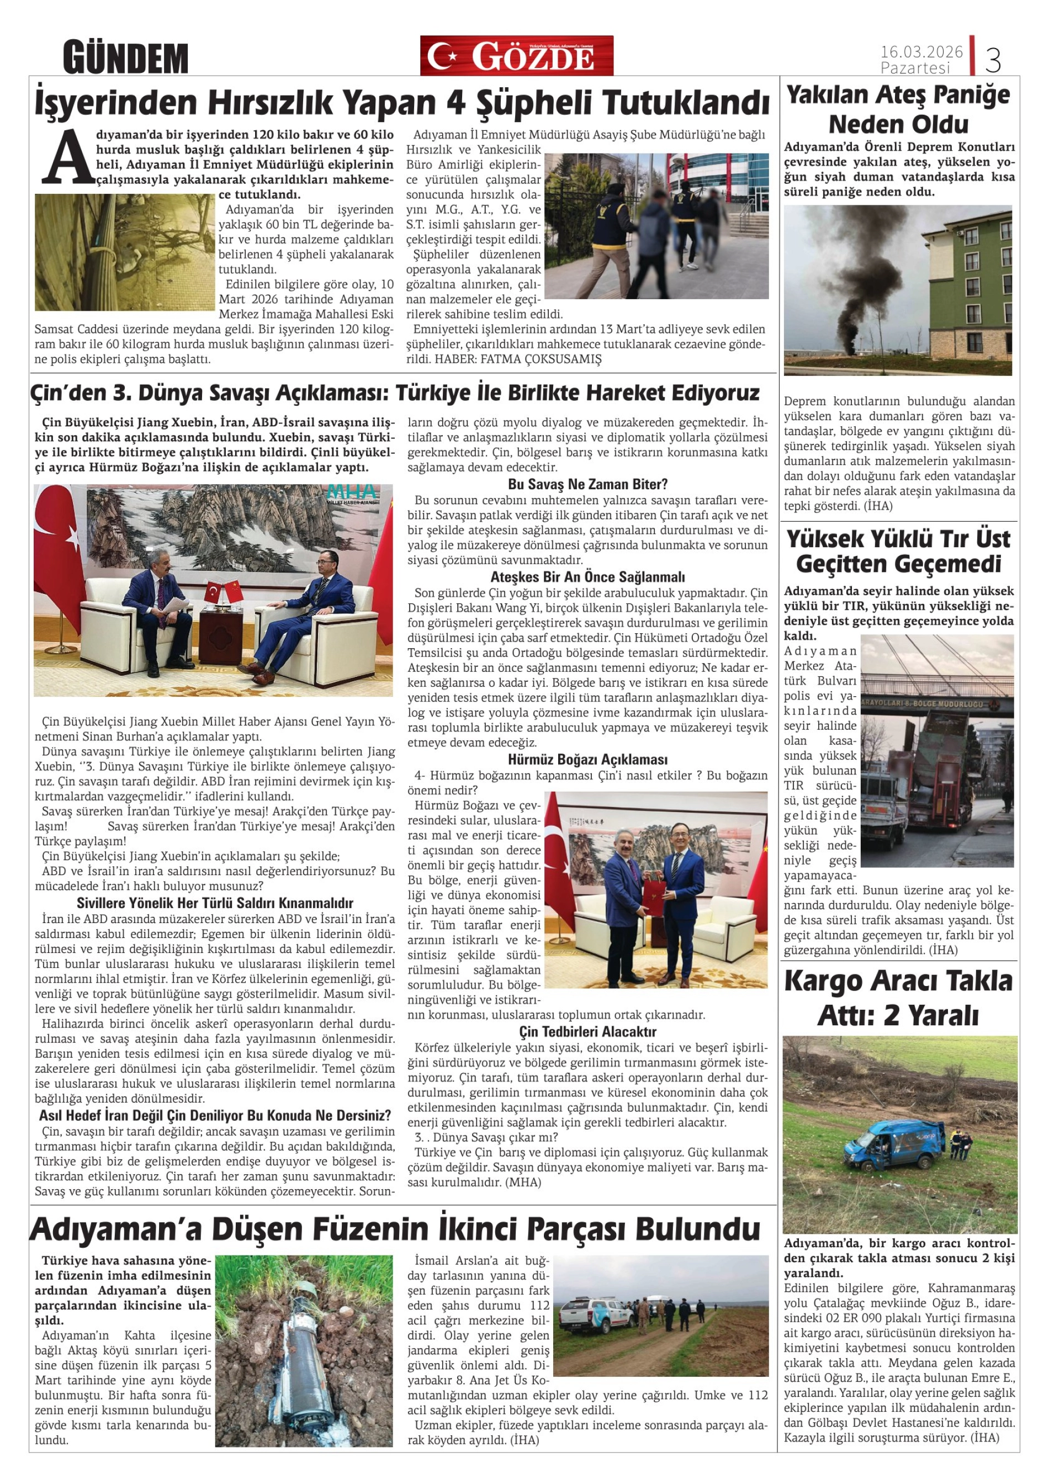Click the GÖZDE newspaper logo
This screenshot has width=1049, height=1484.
(516, 56)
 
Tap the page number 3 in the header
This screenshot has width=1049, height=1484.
(993, 60)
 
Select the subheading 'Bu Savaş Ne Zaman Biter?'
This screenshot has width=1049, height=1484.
(587, 484)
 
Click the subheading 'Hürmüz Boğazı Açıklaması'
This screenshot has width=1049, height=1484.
(587, 760)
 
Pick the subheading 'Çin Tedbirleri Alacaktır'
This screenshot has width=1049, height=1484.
(587, 1031)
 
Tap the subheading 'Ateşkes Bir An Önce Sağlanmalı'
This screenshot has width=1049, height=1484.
(587, 576)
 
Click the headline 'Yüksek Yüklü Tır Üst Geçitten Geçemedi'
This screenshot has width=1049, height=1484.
(898, 552)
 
